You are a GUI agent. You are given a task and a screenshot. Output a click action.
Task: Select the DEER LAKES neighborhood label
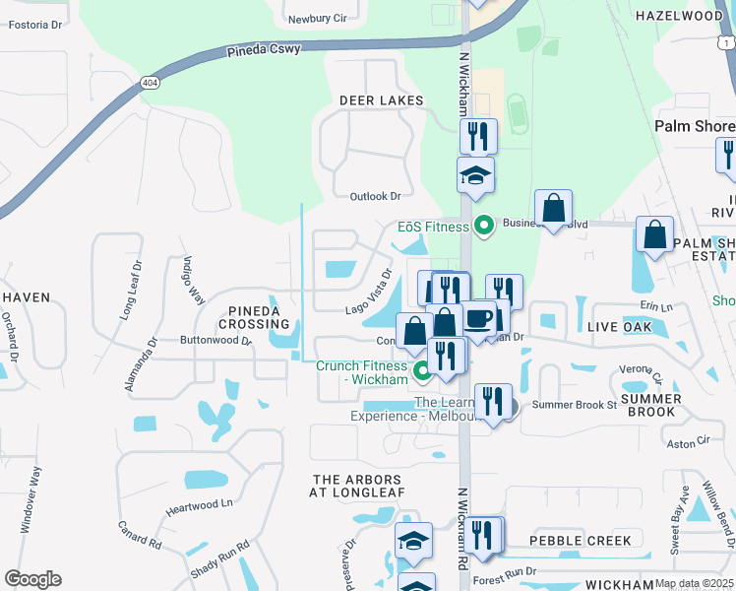click(x=381, y=100)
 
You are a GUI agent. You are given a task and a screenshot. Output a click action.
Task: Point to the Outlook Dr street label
click(x=376, y=196)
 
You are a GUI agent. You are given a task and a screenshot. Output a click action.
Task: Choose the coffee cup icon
click(x=479, y=319)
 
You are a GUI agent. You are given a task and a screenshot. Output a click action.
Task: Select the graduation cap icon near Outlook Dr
click(x=476, y=175)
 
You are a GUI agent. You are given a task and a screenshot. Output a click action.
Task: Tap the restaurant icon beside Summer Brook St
click(x=493, y=401)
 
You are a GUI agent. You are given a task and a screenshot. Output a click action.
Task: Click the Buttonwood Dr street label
click(x=215, y=340)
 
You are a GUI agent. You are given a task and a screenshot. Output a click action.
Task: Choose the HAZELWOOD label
click(x=678, y=17)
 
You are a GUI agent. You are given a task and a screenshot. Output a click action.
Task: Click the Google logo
click(x=32, y=579)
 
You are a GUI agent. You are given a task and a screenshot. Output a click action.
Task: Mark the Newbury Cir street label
click(x=316, y=19)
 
